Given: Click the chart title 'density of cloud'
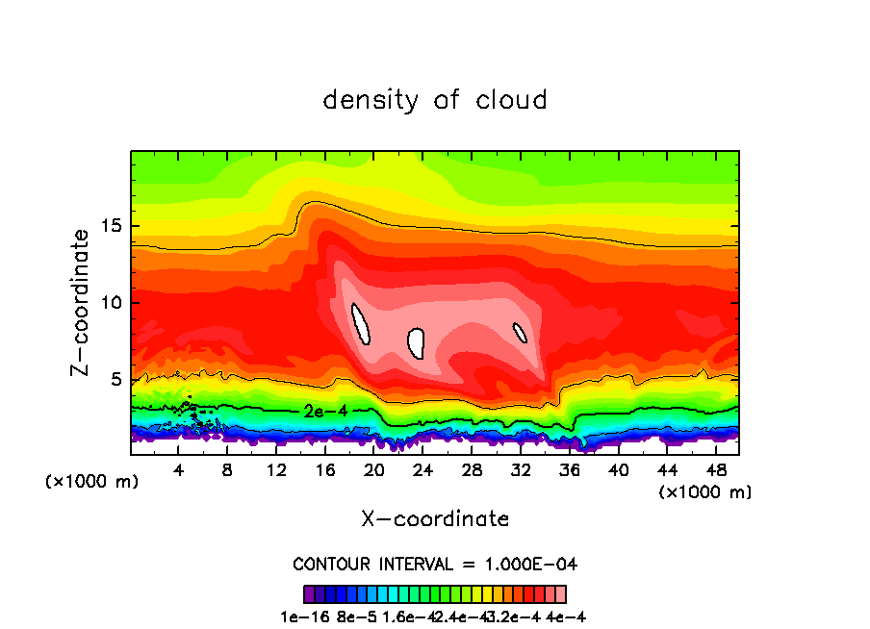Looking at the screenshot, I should coord(435,100).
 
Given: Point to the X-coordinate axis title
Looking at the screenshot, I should coord(435,519).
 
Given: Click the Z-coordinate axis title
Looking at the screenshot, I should coord(83,302).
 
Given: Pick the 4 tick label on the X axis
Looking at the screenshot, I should coord(179,470).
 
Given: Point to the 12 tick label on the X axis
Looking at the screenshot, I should coord(276,470).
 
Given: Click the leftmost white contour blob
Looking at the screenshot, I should coord(361,324).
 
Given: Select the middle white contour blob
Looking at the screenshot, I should coord(417,342).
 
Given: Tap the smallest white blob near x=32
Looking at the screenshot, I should coord(521,333).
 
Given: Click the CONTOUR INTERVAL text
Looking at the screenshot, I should coord(435,564).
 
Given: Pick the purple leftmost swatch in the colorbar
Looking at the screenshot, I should coord(309,594).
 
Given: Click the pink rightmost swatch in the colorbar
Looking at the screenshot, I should coord(560,594).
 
